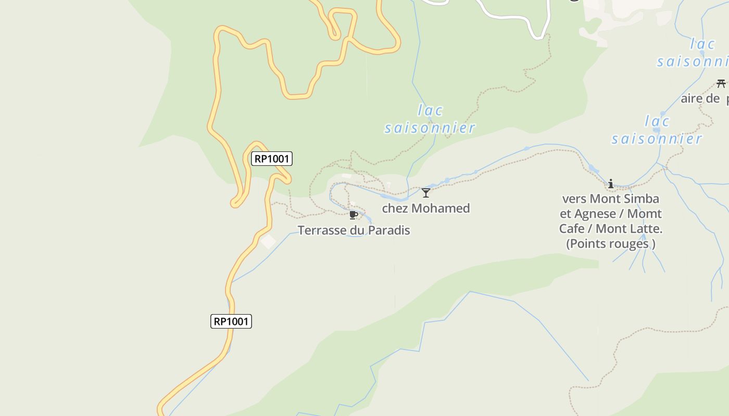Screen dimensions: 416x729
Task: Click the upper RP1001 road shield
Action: [271, 159]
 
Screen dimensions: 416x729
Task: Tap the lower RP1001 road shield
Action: [231, 321]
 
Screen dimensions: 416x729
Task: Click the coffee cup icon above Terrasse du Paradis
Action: [354, 215]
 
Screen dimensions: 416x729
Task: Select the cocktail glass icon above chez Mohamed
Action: [426, 193]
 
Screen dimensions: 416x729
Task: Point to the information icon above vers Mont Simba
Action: [611, 184]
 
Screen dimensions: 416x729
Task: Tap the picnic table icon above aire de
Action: [721, 83]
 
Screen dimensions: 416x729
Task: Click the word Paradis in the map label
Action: [388, 230]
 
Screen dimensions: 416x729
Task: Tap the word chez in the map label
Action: [394, 208]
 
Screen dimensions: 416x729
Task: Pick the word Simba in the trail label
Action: [641, 199]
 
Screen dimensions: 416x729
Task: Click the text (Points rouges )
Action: [610, 243]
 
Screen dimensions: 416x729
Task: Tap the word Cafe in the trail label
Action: [572, 228]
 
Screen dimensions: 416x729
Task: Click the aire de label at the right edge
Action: [700, 98]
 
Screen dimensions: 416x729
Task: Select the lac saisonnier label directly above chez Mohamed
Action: [430, 119]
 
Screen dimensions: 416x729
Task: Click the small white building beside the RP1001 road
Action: [268, 241]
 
